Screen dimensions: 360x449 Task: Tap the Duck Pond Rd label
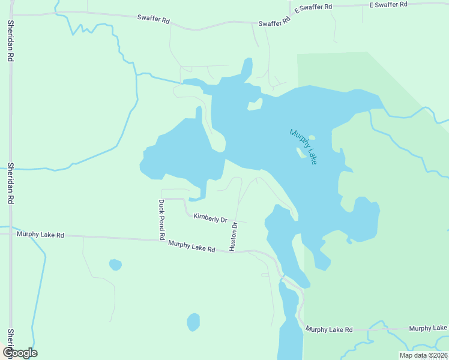pos(161,220)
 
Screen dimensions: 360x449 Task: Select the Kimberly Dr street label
pos(210,218)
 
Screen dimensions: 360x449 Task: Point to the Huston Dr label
pos(234,236)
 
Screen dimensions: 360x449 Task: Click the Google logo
pos(20,353)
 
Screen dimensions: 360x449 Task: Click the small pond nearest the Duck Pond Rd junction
pos(115,265)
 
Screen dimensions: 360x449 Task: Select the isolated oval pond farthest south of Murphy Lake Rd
pos(193,322)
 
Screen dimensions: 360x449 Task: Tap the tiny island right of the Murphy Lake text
pos(312,137)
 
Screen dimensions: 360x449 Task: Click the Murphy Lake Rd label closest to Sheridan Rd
pos(41,235)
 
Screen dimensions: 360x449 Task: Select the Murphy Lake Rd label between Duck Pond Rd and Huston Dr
pos(191,245)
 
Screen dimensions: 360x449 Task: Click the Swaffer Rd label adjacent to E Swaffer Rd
pos(274,23)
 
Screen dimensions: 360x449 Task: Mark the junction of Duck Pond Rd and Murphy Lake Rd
pos(161,241)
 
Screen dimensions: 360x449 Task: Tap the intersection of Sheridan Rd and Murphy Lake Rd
pos(11,233)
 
